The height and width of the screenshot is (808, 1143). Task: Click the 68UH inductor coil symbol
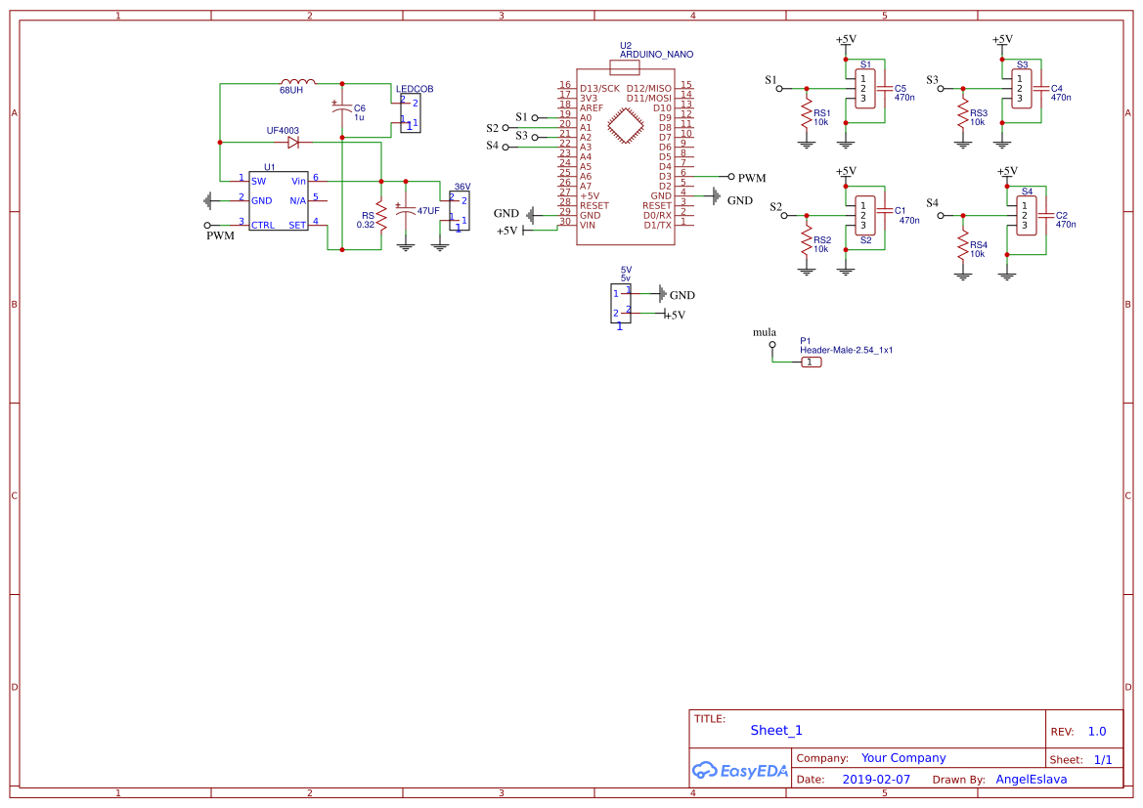297,82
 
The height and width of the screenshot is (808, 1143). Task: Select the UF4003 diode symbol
292,142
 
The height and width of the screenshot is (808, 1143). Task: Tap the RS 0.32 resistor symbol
380,220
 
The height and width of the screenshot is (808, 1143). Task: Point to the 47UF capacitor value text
428,211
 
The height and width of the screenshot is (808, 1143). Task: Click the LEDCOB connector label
415,89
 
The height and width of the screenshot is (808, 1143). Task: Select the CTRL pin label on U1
262,225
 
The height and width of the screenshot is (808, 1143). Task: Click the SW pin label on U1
258,181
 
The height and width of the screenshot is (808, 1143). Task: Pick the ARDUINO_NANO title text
656,55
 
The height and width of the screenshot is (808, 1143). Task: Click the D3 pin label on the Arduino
665,176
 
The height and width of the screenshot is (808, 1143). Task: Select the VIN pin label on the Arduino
588,225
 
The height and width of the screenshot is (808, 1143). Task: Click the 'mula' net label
764,332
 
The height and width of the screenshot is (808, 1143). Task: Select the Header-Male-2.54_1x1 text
847,350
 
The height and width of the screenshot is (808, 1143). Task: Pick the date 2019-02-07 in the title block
876,780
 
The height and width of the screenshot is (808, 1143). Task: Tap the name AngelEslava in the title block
1031,780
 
